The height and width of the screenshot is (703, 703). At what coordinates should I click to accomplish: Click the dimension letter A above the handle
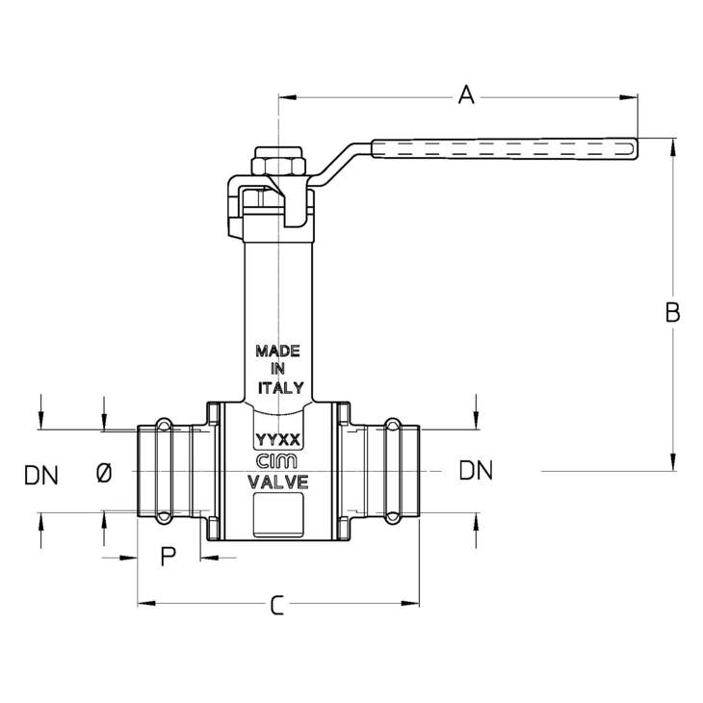(x=466, y=94)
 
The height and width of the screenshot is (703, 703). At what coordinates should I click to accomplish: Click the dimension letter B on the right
(x=672, y=312)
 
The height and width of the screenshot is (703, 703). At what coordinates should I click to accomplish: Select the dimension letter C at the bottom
(x=277, y=605)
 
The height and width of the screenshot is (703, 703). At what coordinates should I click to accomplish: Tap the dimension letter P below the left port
(x=169, y=557)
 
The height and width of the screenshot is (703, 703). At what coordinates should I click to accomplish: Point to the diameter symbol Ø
(x=104, y=474)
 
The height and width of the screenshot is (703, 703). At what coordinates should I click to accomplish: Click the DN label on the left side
(x=41, y=475)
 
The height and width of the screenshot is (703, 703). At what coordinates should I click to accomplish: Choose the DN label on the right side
(x=476, y=470)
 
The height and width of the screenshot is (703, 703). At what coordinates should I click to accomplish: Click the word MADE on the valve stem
(x=277, y=351)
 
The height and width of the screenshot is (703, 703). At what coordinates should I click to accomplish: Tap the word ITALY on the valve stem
(x=280, y=388)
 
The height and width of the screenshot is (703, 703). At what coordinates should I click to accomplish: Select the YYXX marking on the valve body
(x=277, y=440)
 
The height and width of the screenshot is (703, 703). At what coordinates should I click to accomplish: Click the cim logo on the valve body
(x=276, y=461)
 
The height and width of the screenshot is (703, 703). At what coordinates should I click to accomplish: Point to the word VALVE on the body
(x=278, y=482)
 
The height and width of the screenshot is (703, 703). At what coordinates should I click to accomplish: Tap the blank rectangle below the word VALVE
(x=278, y=514)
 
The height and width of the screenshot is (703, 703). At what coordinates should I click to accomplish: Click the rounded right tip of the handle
(x=636, y=148)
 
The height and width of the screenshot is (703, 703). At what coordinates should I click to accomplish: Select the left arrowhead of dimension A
(x=287, y=97)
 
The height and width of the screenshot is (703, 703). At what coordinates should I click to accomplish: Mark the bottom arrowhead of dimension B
(x=673, y=462)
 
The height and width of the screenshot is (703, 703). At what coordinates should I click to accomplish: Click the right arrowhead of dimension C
(x=410, y=603)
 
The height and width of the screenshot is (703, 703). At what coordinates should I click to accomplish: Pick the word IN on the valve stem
(x=277, y=369)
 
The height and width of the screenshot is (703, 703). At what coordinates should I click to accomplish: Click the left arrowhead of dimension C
(x=146, y=603)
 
